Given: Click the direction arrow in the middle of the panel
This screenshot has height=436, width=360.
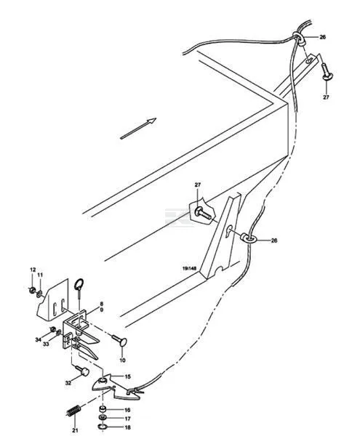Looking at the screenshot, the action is click(138, 128).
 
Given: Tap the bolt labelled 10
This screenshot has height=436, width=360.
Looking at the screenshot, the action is click(119, 340).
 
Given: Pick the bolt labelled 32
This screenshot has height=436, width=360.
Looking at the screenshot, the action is click(82, 371).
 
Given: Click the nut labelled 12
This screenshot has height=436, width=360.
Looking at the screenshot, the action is click(32, 290).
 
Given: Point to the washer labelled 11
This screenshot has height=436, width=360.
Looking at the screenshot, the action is click(39, 294).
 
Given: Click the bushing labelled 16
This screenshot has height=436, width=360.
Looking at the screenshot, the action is click(103, 409).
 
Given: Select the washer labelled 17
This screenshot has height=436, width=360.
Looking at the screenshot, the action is click(103, 418).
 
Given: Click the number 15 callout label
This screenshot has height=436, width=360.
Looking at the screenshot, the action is click(127, 376).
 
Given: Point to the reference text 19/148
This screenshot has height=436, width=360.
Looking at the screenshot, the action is click(189, 268).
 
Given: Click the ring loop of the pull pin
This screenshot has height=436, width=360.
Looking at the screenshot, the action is click(79, 284).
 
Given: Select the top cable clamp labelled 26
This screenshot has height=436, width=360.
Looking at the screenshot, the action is click(298, 38).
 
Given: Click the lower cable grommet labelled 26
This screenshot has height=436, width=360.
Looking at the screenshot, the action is click(247, 238).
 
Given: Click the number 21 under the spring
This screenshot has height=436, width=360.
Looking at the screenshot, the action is click(75, 430).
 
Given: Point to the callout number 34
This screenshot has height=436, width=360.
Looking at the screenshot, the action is click(38, 339).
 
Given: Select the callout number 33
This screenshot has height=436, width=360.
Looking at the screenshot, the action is click(46, 344).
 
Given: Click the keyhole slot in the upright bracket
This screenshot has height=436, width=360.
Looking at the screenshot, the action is click(229, 231).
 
